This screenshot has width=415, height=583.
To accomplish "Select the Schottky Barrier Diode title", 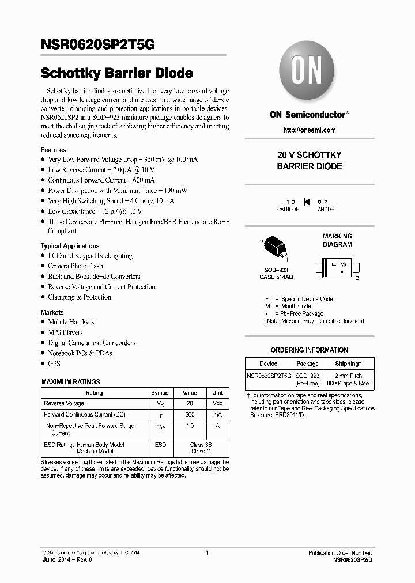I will (x=116, y=74).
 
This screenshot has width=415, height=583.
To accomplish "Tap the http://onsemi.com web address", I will (x=310, y=130).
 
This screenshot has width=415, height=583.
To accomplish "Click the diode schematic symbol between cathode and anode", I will (x=307, y=202).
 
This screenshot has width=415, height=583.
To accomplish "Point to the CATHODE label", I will (x=288, y=210).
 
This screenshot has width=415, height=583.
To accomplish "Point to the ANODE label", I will (x=326, y=210).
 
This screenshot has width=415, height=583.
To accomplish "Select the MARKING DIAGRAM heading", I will (x=337, y=240).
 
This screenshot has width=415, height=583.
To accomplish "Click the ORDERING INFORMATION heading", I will (x=309, y=350).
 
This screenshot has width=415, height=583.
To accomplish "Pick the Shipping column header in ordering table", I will (x=348, y=364).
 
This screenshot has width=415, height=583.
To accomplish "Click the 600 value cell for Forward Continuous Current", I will (x=190, y=414).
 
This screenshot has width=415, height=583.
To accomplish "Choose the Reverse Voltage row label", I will (x=64, y=403).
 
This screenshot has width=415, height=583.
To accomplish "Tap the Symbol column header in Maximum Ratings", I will (x=160, y=392).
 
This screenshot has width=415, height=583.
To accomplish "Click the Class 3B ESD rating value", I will (x=201, y=445).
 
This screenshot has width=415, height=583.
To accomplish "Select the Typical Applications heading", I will (x=70, y=246).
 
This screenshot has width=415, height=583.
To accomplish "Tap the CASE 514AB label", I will (x=276, y=277).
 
